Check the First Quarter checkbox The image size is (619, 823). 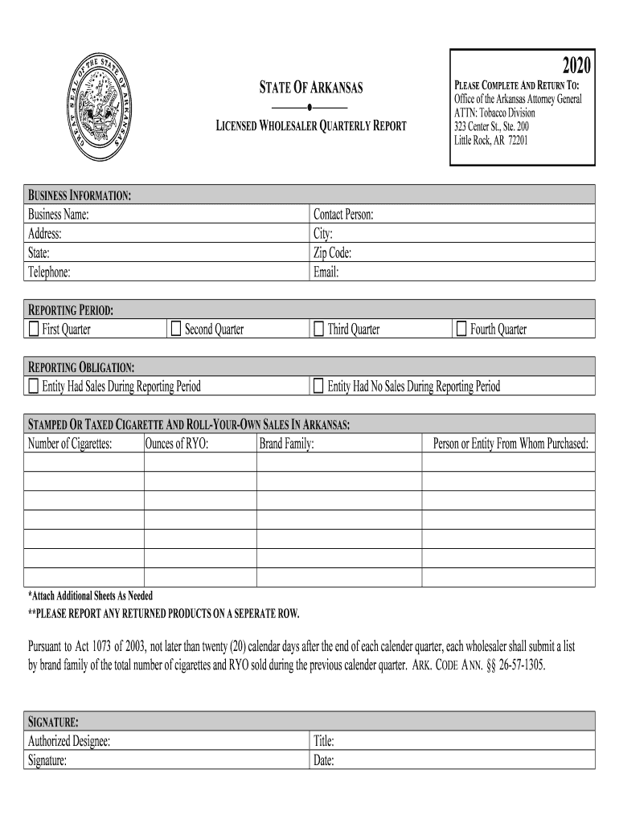point(34,330)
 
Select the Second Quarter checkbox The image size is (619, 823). point(176,330)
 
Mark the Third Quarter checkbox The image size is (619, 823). point(319,330)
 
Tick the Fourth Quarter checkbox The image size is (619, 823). point(461,330)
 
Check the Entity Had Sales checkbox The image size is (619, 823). point(34,387)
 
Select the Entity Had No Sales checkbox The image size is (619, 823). point(319,387)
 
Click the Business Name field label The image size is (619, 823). point(59,215)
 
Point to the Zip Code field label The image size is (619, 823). point(332,253)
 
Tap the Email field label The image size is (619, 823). point(326,272)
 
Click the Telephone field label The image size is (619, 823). point(50,272)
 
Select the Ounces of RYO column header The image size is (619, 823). point(177,444)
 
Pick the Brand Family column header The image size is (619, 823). point(286,444)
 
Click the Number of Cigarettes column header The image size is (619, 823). point(70,444)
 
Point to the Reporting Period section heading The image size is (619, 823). point(71,310)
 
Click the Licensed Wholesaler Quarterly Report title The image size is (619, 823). point(310,125)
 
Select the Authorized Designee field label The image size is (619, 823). point(69,742)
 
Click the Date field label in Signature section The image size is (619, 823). point(323,761)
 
